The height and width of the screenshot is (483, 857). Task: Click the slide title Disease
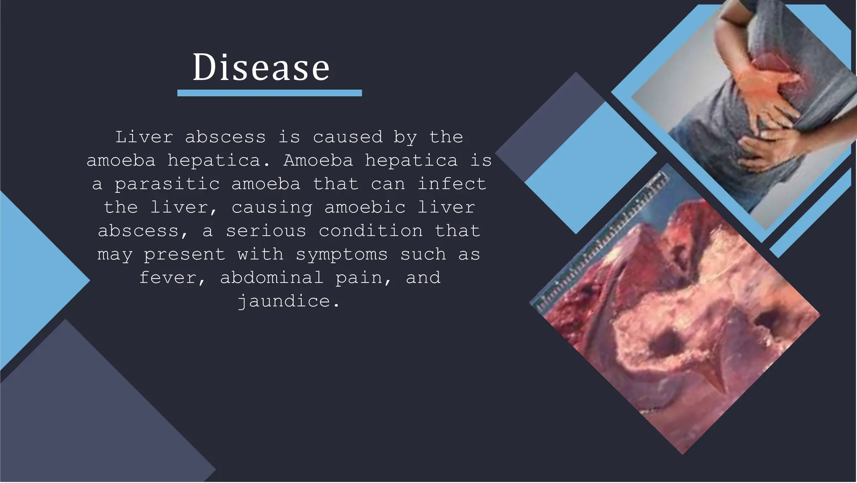pos(261,67)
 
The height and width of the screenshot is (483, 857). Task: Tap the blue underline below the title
pos(269,93)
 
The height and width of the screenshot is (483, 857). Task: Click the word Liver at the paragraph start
pos(144,137)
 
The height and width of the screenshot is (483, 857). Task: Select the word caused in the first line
pos(347,137)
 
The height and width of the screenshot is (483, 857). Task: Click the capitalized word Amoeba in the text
pos(318,160)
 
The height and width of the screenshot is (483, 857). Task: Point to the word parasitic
pos(167,184)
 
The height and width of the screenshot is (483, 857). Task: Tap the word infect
pos(452,184)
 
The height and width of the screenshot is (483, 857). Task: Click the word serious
pos(266,231)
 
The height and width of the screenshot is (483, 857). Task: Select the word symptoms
pos(341,254)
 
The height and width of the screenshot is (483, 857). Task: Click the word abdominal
pos(272,278)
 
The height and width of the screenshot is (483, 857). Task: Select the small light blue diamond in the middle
pos(590,168)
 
